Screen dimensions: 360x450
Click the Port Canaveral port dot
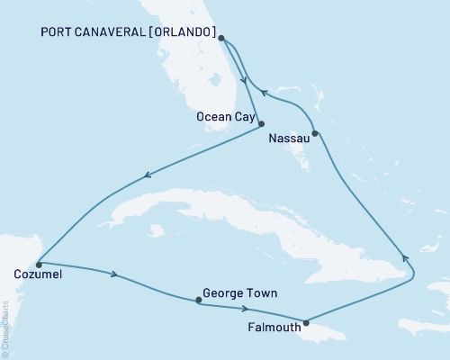coord(222,39)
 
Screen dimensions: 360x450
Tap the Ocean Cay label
coord(223,116)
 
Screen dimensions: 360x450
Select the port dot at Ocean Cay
coord(261,124)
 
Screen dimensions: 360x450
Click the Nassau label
coord(289,140)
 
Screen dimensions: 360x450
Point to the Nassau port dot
coord(314,135)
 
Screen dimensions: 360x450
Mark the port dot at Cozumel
coord(39,265)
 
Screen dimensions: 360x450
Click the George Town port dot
coord(198,301)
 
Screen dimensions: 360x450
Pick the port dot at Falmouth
coord(307,322)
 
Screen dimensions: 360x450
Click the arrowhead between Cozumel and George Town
coord(114,274)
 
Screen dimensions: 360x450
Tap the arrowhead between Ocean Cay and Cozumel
coord(148,175)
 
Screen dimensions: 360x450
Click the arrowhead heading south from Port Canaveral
coord(243,78)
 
